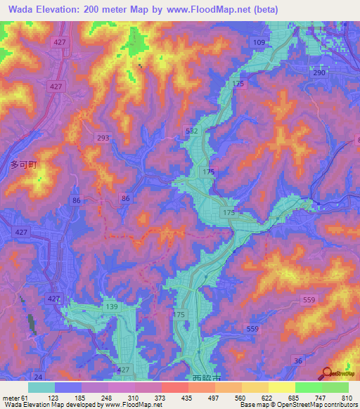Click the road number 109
[259, 43]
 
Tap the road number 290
[319, 73]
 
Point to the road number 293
[103, 138]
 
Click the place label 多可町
[22, 165]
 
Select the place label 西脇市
[205, 378]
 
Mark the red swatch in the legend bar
[175, 387]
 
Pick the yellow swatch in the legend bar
[282, 387]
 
